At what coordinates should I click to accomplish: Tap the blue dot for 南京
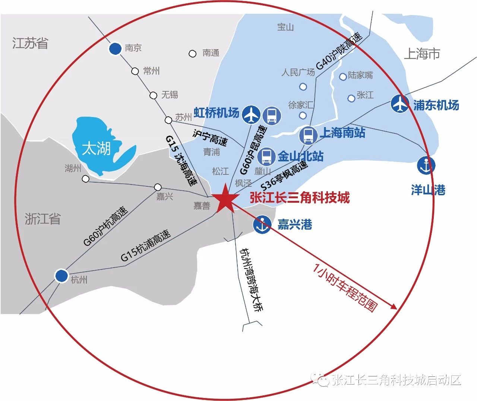click(x=115, y=48)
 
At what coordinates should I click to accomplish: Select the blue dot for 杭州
click(x=61, y=276)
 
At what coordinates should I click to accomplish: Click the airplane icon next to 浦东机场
click(x=400, y=104)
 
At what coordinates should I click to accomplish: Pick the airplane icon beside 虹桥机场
click(x=251, y=114)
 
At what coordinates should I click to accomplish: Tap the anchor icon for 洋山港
click(x=426, y=165)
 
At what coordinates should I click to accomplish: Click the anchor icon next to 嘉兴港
click(x=262, y=224)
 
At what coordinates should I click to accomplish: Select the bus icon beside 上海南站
click(x=308, y=135)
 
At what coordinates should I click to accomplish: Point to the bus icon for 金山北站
click(x=266, y=156)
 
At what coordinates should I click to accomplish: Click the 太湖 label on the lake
click(x=97, y=149)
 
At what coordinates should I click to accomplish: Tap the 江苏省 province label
click(x=30, y=43)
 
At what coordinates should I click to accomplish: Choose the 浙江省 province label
click(x=42, y=219)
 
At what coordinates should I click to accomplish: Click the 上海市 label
click(x=422, y=54)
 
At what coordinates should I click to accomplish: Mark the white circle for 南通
click(x=192, y=54)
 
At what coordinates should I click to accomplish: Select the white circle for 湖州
click(x=86, y=179)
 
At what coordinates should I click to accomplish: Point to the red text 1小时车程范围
click(x=345, y=287)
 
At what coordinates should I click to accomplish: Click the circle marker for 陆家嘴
click(x=343, y=77)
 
